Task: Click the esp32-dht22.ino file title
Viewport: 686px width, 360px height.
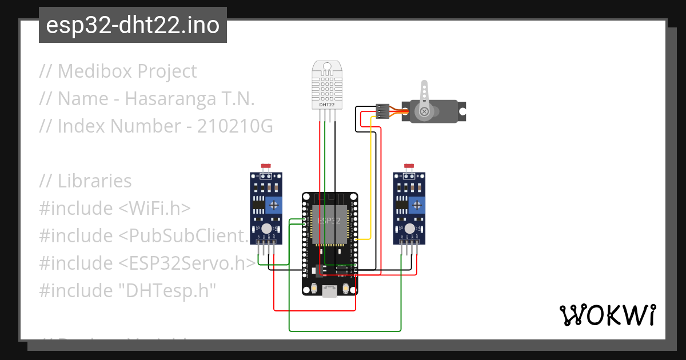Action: pyautogui.click(x=133, y=25)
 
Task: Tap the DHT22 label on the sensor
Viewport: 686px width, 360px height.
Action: pyautogui.click(x=326, y=105)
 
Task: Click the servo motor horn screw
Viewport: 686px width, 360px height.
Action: pyautogui.click(x=424, y=112)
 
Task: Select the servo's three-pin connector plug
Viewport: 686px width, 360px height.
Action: pyautogui.click(x=383, y=111)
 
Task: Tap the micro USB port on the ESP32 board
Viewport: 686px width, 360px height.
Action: pyautogui.click(x=329, y=292)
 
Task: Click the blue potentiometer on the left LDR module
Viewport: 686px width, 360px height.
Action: pyautogui.click(x=275, y=204)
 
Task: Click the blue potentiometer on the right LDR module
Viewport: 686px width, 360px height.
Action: pyautogui.click(x=417, y=204)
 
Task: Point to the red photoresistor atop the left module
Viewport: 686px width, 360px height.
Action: pyautogui.click(x=265, y=166)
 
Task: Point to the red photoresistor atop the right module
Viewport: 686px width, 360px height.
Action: pyautogui.click(x=408, y=166)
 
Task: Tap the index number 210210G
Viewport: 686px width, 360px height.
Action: pyautogui.click(x=235, y=126)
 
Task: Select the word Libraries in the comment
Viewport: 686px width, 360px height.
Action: pyautogui.click(x=94, y=181)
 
